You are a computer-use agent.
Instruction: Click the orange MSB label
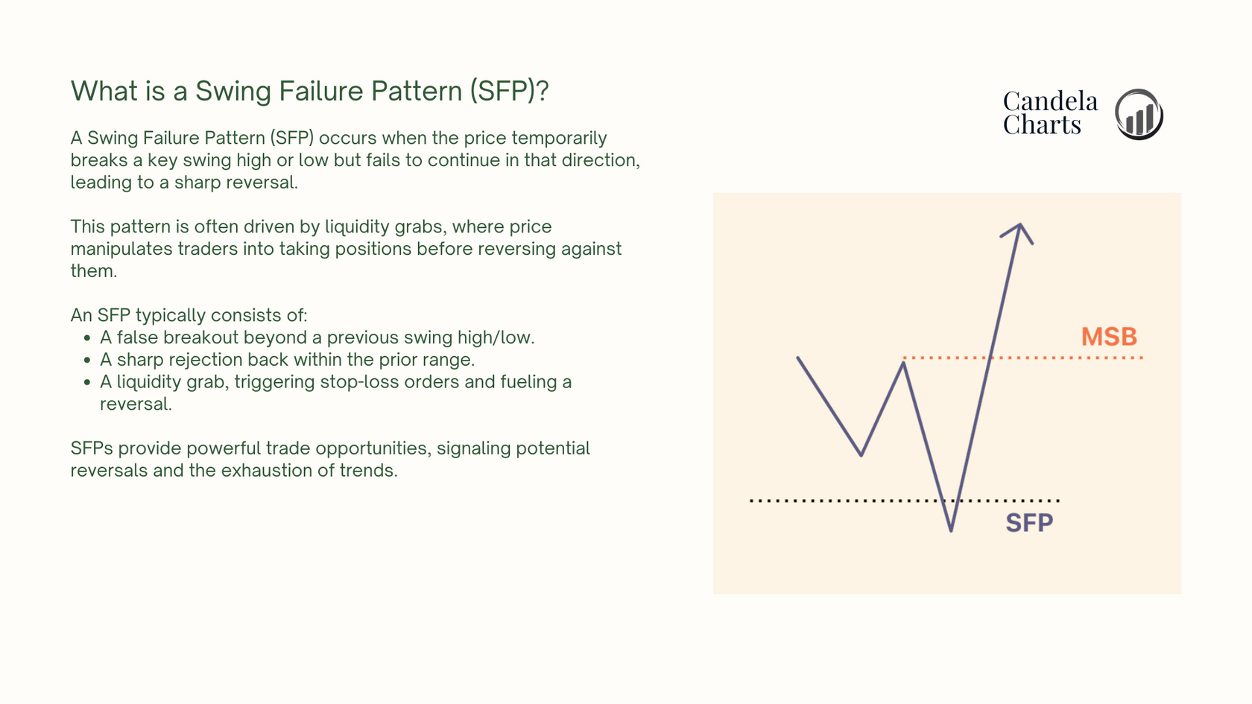[1109, 337]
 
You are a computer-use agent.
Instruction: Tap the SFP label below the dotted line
[1029, 524]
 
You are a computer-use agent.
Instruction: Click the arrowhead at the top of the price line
[1018, 232]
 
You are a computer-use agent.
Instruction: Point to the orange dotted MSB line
[1022, 358]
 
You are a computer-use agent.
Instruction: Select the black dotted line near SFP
[905, 501]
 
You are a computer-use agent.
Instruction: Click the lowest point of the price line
[951, 530]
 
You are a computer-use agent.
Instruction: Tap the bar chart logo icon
[1139, 114]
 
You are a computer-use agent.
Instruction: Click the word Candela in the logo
[1050, 101]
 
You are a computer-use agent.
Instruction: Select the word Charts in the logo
[1042, 125]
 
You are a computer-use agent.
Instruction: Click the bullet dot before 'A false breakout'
[86, 338]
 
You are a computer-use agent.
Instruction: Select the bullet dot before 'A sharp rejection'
[86, 361]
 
